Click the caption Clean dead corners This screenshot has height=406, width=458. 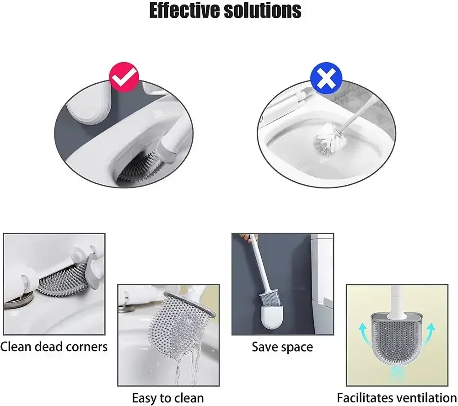click(x=54, y=346)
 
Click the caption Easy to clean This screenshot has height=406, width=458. click(x=167, y=397)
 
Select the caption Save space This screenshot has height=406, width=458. click(x=282, y=347)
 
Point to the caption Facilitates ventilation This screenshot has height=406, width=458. click(x=397, y=397)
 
